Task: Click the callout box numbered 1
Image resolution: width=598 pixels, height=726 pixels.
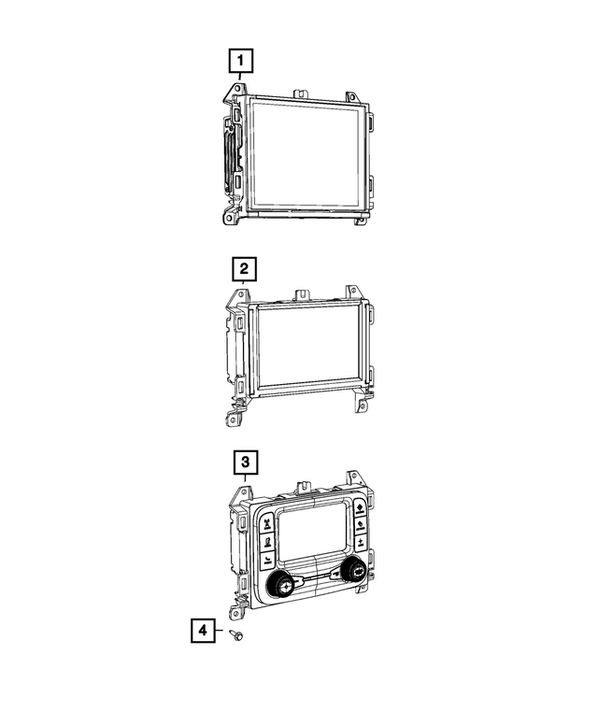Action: [241, 63]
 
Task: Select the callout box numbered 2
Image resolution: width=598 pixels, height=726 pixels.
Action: [243, 270]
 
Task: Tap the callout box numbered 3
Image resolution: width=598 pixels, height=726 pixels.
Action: [243, 462]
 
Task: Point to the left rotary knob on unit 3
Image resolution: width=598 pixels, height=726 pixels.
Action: [280, 585]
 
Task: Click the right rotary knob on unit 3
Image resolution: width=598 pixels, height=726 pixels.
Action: [356, 571]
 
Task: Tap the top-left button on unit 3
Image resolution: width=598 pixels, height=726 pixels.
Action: [267, 520]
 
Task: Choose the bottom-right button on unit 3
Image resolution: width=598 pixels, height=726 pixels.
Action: [361, 541]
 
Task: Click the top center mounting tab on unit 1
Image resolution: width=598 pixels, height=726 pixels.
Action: [302, 93]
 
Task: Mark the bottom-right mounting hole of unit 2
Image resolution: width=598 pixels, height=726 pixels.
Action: [360, 406]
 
